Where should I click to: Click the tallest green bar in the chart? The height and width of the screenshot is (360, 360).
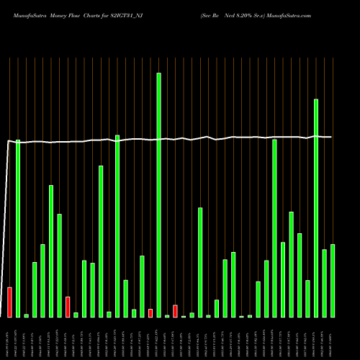(158, 194)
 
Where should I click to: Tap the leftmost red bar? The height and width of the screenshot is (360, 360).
(9, 302)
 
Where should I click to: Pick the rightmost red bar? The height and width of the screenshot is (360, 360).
(175, 311)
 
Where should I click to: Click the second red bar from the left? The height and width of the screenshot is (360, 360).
(68, 307)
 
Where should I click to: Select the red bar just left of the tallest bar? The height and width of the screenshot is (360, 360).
(150, 312)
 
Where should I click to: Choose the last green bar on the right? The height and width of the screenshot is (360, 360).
(333, 280)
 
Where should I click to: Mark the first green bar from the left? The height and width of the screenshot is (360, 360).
(18, 228)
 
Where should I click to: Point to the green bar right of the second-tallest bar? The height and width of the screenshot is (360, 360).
(325, 283)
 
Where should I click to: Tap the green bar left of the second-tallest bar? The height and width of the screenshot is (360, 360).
(307, 298)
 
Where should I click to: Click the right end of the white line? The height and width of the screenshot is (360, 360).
(331, 137)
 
